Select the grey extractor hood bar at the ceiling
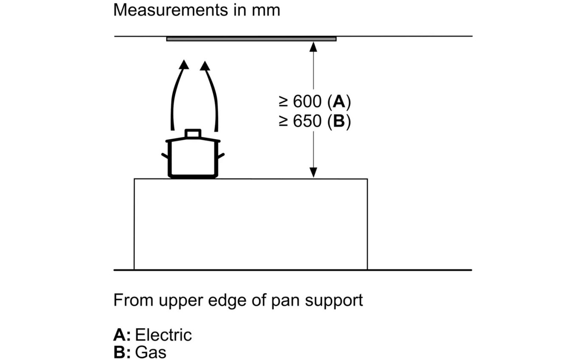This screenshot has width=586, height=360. [x=251, y=39]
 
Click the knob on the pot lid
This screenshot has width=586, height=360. [x=193, y=133]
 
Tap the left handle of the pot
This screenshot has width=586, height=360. [x=165, y=156]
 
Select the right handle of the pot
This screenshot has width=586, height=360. [x=221, y=156]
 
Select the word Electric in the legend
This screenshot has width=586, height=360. [x=163, y=335]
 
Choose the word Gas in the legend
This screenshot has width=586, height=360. [x=151, y=352]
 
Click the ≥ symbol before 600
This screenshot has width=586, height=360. [x=283, y=102]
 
